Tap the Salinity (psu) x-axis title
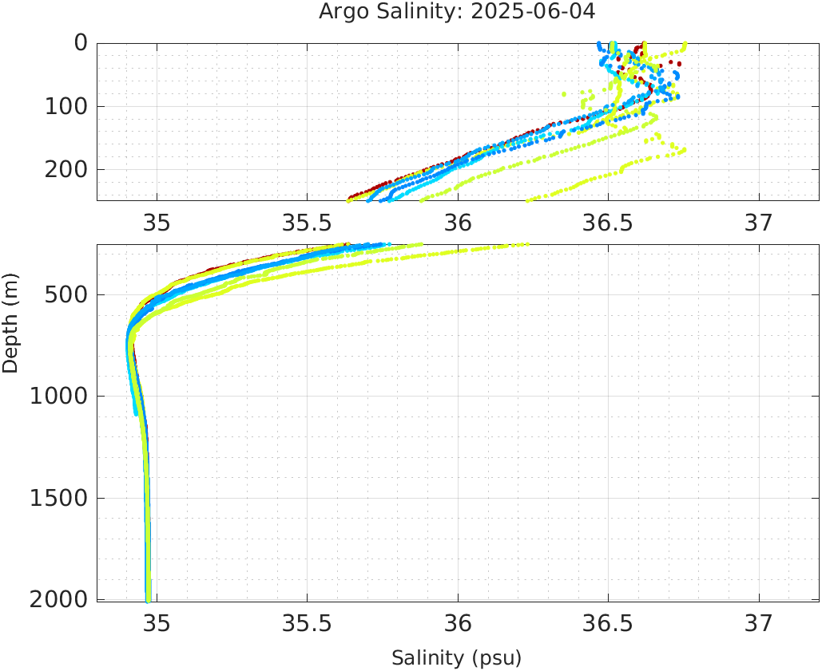coord(456,658)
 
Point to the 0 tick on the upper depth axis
coord(81,42)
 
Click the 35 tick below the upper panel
coord(157,223)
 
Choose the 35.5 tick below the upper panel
coord(307,223)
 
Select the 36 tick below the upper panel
coord(458,223)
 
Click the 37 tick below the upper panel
coord(759,223)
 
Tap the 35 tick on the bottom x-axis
coord(157,622)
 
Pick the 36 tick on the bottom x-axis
coord(458,622)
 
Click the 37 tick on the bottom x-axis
coord(759,622)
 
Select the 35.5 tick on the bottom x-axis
coord(307,622)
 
